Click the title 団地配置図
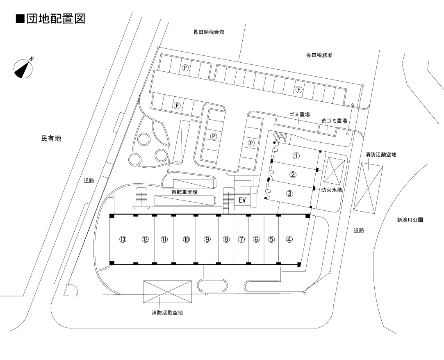[51, 19]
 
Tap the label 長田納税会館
[209, 32]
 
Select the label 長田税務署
[319, 55]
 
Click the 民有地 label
[51, 139]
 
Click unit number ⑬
[122, 239]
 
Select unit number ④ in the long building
[289, 239]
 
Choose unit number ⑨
[207, 239]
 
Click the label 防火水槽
[332, 190]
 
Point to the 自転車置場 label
[184, 192]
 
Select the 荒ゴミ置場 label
[334, 121]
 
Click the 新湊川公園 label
[410, 220]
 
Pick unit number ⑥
[256, 239]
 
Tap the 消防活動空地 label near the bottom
[167, 313]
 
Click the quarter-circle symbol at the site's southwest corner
[71, 290]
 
